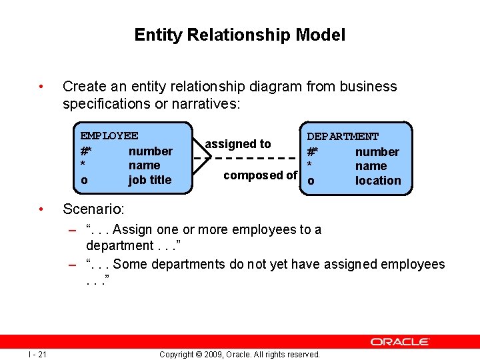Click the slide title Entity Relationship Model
tap(239, 35)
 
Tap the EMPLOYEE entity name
tap(109, 136)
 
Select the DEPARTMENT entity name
tap(343, 137)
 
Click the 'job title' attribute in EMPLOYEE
tap(150, 180)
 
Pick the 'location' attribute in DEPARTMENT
tap(378, 181)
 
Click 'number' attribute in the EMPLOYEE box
tap(150, 151)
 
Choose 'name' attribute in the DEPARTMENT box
tap(371, 166)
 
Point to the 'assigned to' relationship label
tap(238, 144)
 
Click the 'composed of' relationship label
tap(260, 175)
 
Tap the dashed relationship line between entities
tap(253, 159)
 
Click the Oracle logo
tap(400, 341)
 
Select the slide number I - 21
tap(37, 354)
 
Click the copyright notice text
tap(239, 354)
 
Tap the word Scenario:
tap(93, 209)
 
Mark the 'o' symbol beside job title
tap(84, 181)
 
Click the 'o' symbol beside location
tap(310, 181)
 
